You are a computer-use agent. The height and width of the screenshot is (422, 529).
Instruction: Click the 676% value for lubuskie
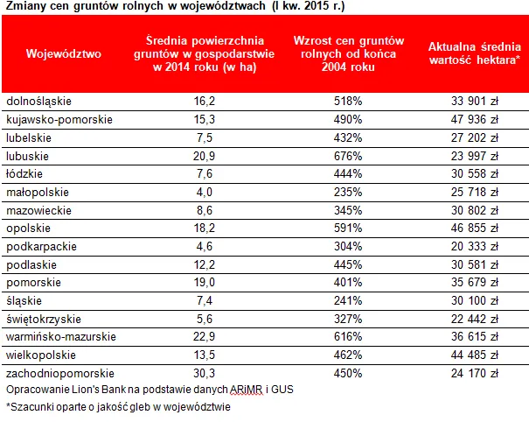347,156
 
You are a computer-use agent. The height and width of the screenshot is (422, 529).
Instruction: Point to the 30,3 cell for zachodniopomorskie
204,373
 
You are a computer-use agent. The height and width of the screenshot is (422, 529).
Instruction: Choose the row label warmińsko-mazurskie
59,336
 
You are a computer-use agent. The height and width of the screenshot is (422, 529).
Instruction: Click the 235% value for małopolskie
347,192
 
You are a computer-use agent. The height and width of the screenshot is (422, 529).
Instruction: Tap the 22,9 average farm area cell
204,336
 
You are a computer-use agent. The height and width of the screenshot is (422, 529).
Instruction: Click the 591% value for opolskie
347,228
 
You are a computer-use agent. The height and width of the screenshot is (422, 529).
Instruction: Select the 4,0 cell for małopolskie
204,192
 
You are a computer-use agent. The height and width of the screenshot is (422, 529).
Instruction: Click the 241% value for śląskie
347,300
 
